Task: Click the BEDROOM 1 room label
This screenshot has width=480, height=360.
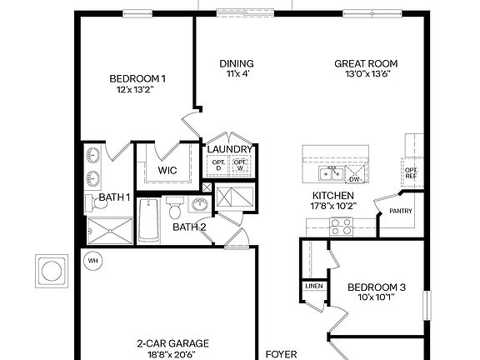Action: (137, 79)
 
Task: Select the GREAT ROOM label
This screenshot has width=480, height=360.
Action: (366, 63)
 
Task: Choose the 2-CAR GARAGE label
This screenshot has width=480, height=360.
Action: (172, 342)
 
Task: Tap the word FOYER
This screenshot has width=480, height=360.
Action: (282, 354)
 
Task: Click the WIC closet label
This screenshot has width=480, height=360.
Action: (167, 170)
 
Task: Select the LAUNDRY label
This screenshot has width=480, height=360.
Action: (229, 149)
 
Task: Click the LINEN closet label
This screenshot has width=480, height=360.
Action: (313, 286)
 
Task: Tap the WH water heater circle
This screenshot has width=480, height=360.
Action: (92, 260)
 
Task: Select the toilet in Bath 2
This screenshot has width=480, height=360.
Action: (174, 205)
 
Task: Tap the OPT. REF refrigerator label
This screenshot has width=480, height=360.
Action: (411, 172)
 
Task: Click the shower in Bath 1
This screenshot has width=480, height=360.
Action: (108, 230)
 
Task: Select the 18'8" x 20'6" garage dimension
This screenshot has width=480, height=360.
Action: (172, 353)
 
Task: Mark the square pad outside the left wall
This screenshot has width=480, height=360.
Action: (50, 270)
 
